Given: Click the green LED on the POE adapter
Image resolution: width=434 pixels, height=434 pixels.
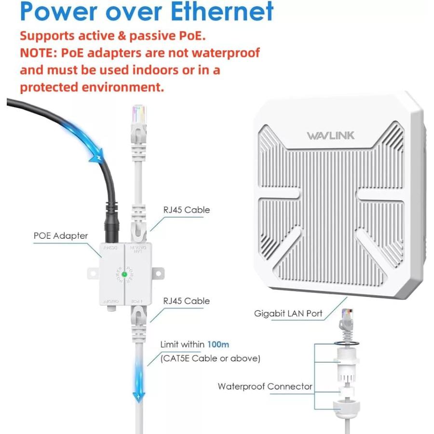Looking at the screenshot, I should click(x=124, y=274).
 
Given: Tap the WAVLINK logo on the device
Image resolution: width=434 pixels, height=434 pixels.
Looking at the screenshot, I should click(x=330, y=136).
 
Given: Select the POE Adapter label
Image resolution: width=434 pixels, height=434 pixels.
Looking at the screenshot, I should click(x=61, y=236).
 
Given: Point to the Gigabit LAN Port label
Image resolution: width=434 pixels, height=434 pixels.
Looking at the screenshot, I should click(x=288, y=313).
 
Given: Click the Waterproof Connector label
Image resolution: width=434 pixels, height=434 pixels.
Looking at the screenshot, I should click(x=265, y=386).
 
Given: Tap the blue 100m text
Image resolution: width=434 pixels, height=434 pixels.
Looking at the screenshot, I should click(x=218, y=345).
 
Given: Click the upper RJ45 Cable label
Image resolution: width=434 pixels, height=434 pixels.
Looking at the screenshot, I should click(x=187, y=210).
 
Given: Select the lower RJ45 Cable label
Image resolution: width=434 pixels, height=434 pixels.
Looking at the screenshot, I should click(x=187, y=301).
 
